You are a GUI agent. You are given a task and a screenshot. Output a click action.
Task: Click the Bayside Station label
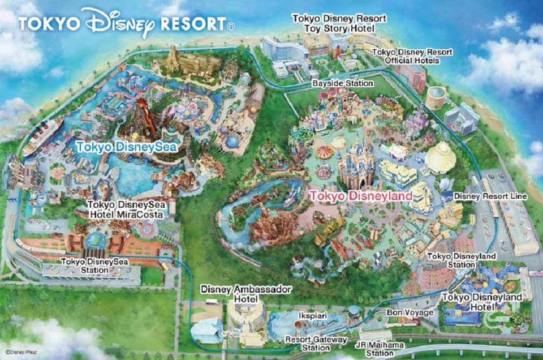click(343, 83)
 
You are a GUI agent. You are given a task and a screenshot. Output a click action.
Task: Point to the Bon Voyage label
click(410, 312)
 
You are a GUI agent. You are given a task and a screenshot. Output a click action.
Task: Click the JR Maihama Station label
click(376, 347)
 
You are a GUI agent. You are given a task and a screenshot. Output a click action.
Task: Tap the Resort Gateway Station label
click(309, 344)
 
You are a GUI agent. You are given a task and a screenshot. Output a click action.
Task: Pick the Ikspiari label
click(311, 313)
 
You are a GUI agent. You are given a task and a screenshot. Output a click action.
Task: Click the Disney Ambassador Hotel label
click(246, 294)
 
